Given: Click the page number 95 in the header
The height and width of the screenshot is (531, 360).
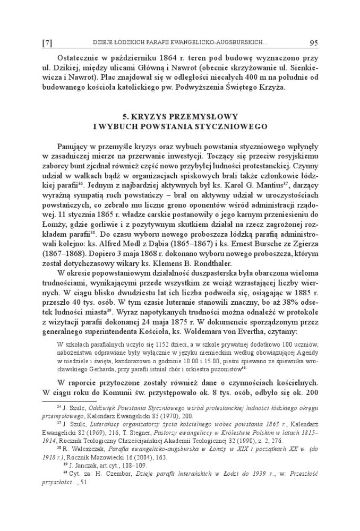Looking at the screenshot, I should click(x=312, y=42).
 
